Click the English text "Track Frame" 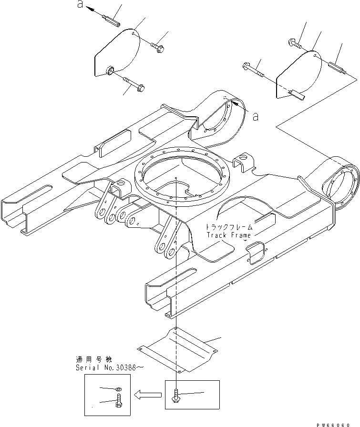point(227,235)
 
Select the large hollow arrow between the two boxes point(148,394)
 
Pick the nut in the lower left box point(118,389)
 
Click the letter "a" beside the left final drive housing point(256,116)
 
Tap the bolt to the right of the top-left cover point(157,46)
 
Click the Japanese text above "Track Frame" point(227,227)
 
